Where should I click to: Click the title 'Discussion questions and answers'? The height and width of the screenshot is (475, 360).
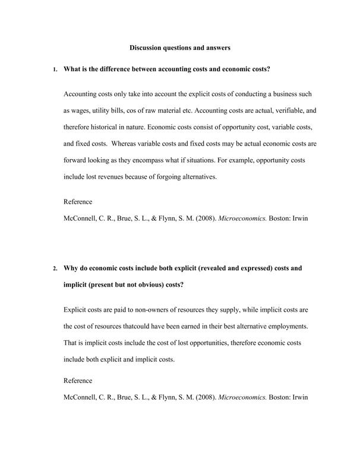179,47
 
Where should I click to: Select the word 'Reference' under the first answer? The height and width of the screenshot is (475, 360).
78,201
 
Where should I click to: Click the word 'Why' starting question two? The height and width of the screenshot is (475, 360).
71,268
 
